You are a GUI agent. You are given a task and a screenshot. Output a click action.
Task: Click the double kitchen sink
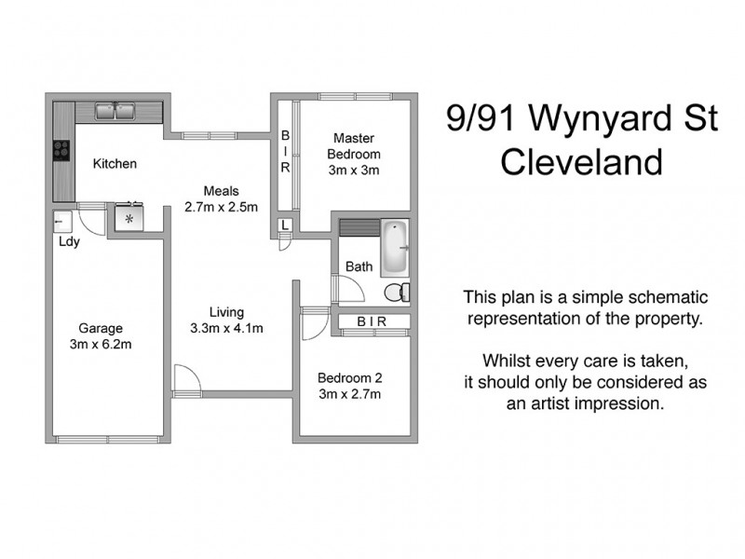[117, 112]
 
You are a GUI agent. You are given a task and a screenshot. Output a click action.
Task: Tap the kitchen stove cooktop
[62, 150]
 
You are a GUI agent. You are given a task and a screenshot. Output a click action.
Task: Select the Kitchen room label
[115, 164]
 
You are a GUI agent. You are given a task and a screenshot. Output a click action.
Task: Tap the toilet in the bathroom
[397, 292]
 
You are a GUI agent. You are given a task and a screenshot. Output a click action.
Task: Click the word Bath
[359, 266]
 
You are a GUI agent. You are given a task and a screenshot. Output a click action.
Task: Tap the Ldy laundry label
[68, 244]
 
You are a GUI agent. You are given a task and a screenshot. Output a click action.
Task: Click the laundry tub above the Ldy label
[62, 223]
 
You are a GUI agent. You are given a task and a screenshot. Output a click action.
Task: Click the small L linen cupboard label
[285, 226]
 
